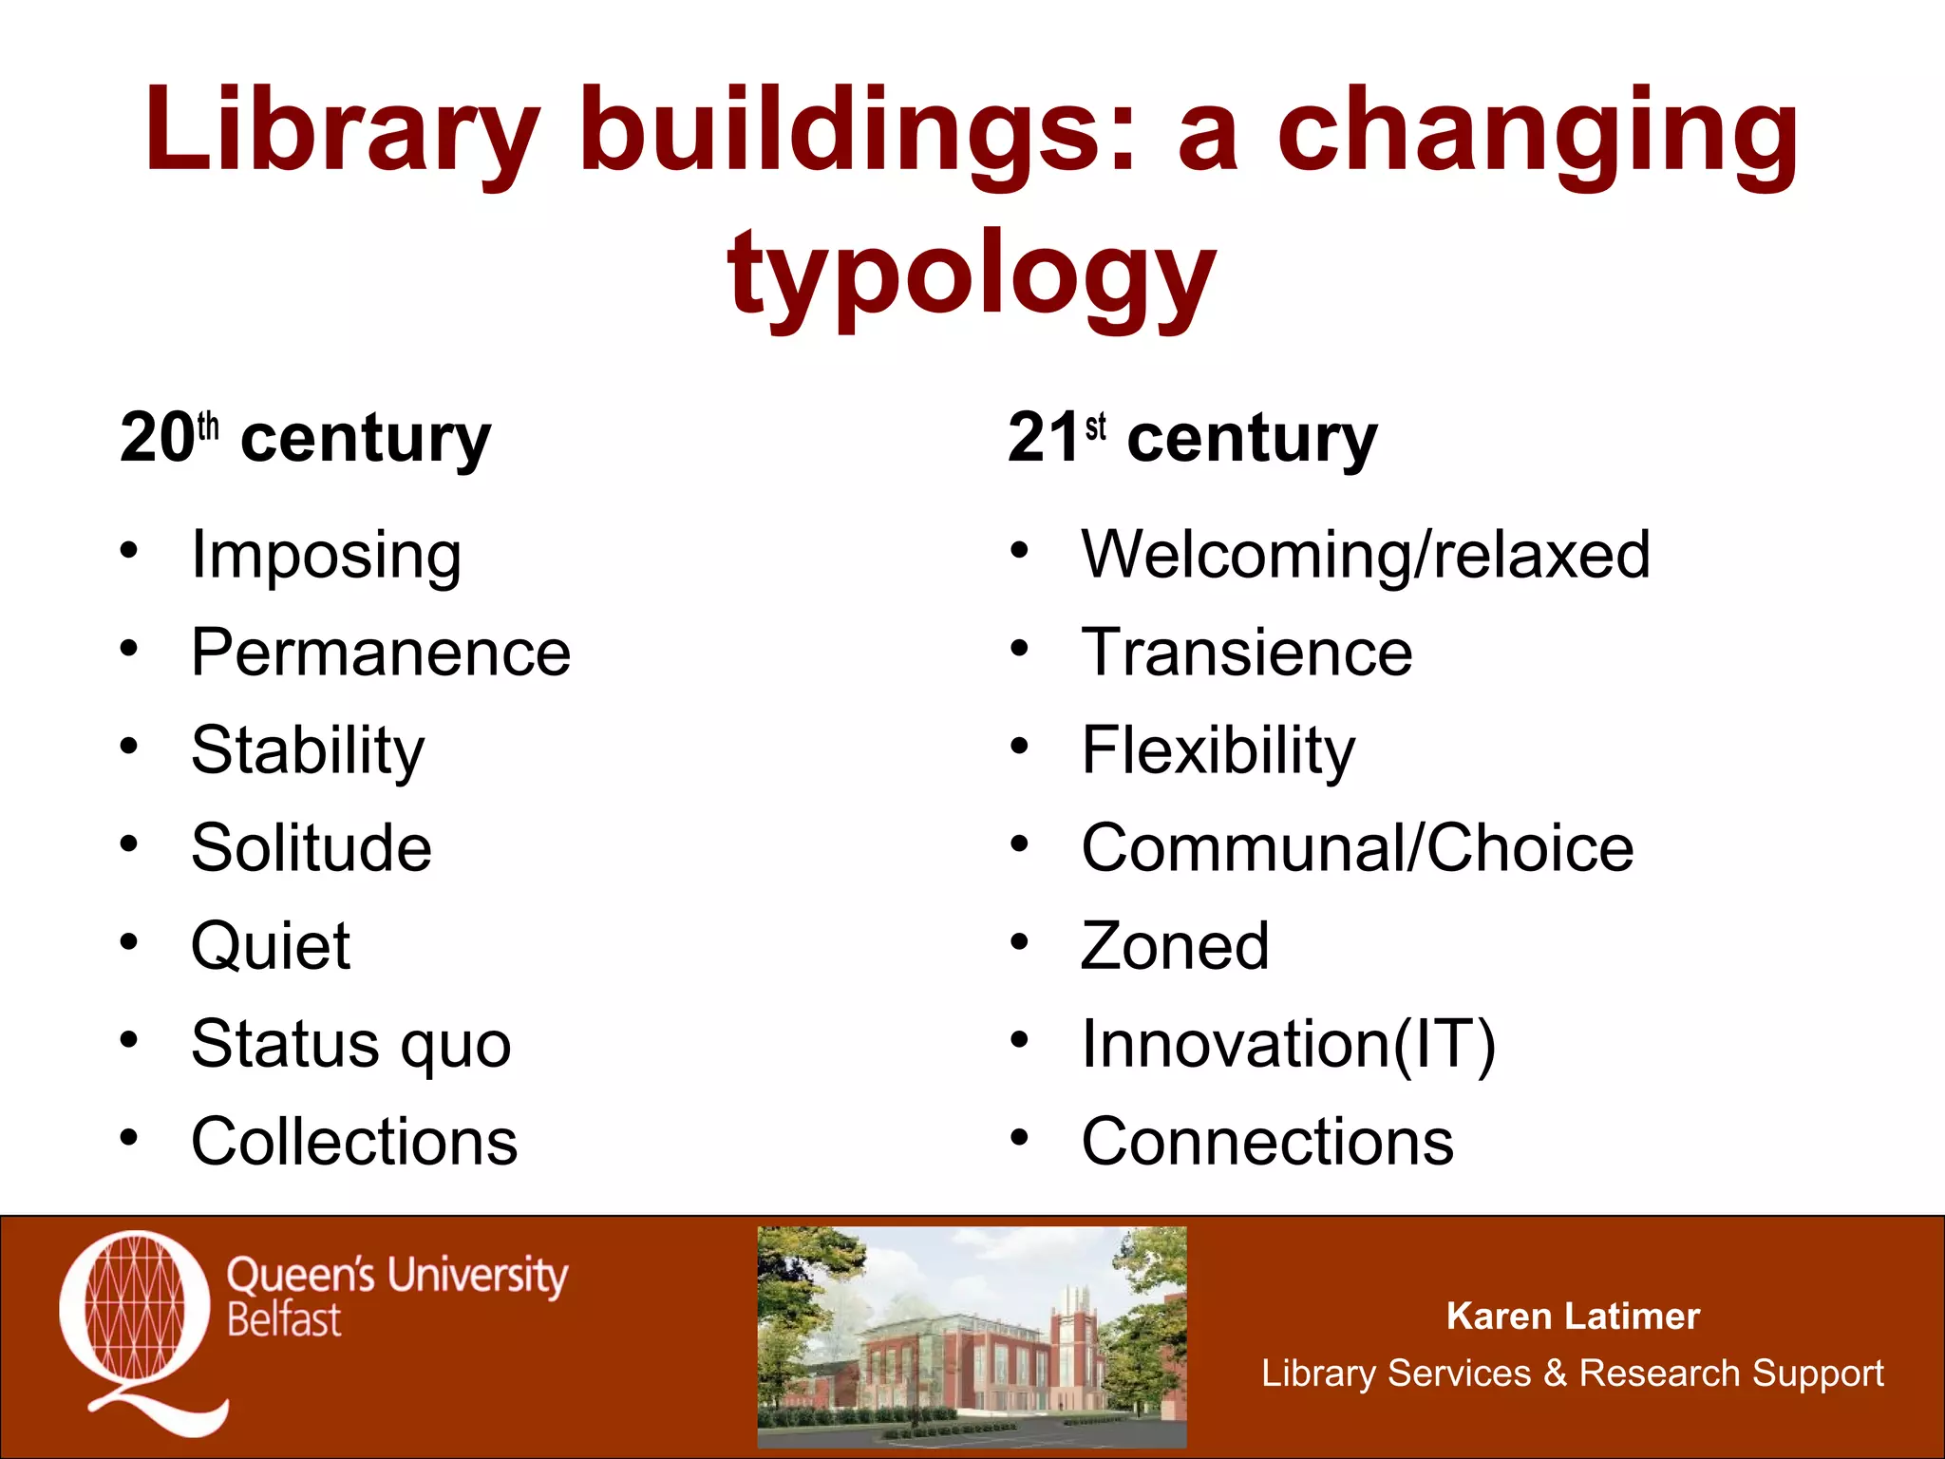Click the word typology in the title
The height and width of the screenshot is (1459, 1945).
(972, 275)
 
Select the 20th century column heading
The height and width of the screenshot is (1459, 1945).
(305, 439)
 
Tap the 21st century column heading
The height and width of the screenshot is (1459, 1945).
(1192, 439)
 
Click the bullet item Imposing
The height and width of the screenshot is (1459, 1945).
(326, 555)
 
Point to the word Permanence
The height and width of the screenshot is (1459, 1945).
(381, 653)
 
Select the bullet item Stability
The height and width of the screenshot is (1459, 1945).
(308, 750)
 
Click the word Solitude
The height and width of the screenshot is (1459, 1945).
(312, 847)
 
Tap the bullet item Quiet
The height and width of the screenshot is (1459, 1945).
(271, 946)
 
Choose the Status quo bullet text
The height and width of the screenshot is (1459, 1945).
(350, 1044)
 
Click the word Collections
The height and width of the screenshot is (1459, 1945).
(354, 1141)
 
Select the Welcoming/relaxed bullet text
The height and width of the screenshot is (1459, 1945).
(1366, 555)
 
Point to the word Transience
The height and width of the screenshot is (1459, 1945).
(1247, 653)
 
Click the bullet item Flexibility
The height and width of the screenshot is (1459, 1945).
(1218, 750)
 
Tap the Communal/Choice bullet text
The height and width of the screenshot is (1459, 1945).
(1357, 847)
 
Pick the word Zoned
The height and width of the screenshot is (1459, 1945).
(1175, 946)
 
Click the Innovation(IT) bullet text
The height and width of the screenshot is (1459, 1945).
(1289, 1044)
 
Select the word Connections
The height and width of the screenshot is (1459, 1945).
(1267, 1141)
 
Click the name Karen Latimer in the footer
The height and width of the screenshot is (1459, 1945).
(1573, 1317)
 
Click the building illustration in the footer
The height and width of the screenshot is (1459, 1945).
(972, 1336)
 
